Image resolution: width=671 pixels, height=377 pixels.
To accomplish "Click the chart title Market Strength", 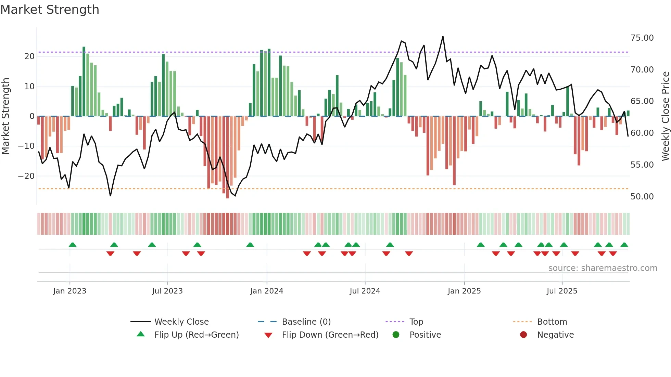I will point(50,10).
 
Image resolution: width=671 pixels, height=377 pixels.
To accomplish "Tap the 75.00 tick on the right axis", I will point(642,38).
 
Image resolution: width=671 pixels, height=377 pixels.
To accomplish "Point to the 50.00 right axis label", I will point(642,197).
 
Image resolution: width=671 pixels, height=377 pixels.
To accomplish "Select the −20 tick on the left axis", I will point(26,176).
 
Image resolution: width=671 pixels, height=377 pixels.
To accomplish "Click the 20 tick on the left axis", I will point(29,56).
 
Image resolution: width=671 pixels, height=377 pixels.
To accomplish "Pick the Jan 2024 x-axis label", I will point(266,291).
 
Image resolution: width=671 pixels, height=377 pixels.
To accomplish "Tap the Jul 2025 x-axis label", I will point(561,291).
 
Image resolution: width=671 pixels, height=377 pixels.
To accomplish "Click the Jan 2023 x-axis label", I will point(69,291).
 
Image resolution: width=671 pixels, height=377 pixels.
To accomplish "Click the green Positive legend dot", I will point(396,335).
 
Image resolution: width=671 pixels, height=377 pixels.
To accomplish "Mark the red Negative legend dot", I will point(523,335).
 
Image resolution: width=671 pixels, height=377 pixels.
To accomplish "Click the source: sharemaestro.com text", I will point(603,268).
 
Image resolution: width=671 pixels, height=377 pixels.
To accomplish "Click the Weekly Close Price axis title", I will point(665,116).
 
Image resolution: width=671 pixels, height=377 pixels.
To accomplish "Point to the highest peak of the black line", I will point(443,37).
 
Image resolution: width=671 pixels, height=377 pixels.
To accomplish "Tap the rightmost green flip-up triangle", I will point(624,245).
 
